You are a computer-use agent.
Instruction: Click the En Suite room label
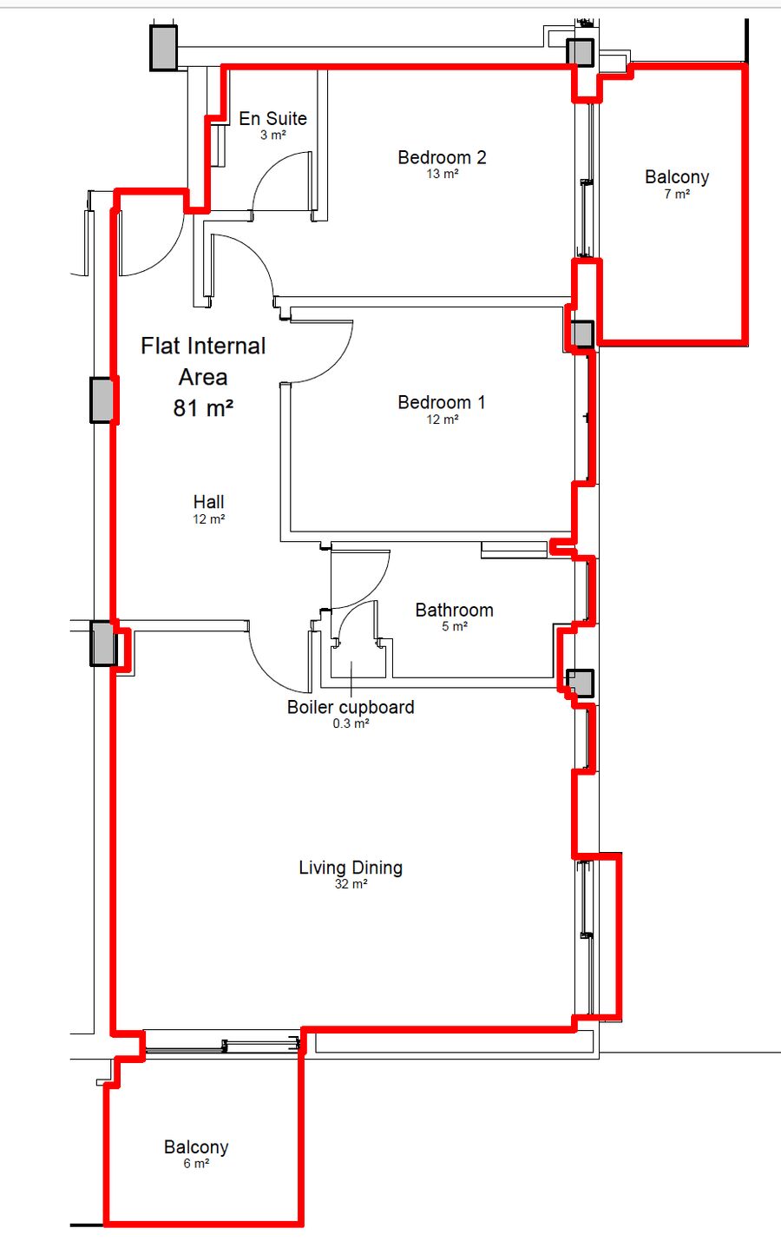click(272, 119)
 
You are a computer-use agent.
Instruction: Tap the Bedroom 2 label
click(442, 158)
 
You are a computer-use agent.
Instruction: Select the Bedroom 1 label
click(442, 402)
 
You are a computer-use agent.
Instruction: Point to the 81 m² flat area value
click(203, 408)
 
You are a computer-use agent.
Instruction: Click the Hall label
click(209, 502)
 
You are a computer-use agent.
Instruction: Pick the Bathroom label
click(454, 610)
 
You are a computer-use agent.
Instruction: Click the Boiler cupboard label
click(351, 708)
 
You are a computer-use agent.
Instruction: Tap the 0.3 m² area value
click(351, 723)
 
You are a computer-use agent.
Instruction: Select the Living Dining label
click(351, 868)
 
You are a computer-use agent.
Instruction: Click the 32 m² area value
click(351, 884)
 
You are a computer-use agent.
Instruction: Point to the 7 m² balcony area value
click(677, 194)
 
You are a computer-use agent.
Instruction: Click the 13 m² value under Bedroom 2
click(442, 174)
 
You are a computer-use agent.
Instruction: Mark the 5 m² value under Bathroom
click(454, 626)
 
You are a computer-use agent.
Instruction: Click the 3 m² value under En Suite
click(272, 135)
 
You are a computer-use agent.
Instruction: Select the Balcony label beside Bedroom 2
click(677, 177)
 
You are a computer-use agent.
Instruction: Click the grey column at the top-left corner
click(164, 48)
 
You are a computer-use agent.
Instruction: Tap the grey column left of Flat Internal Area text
click(102, 400)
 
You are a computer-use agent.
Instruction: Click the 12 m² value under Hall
click(209, 519)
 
